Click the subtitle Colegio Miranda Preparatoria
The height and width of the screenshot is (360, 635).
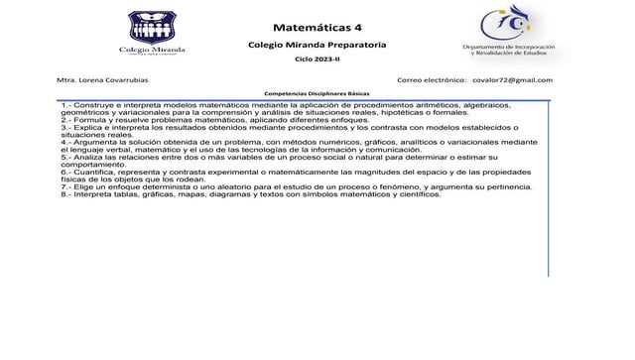click(x=317, y=46)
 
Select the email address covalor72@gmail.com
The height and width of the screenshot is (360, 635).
click(x=512, y=79)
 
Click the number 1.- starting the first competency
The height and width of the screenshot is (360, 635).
click(x=65, y=104)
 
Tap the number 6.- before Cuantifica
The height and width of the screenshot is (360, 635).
click(x=65, y=173)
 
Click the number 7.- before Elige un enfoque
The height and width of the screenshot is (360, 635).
click(x=65, y=187)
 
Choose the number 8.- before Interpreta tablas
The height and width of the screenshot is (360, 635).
click(x=65, y=194)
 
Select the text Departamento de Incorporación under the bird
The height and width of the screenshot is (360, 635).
click(x=508, y=47)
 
